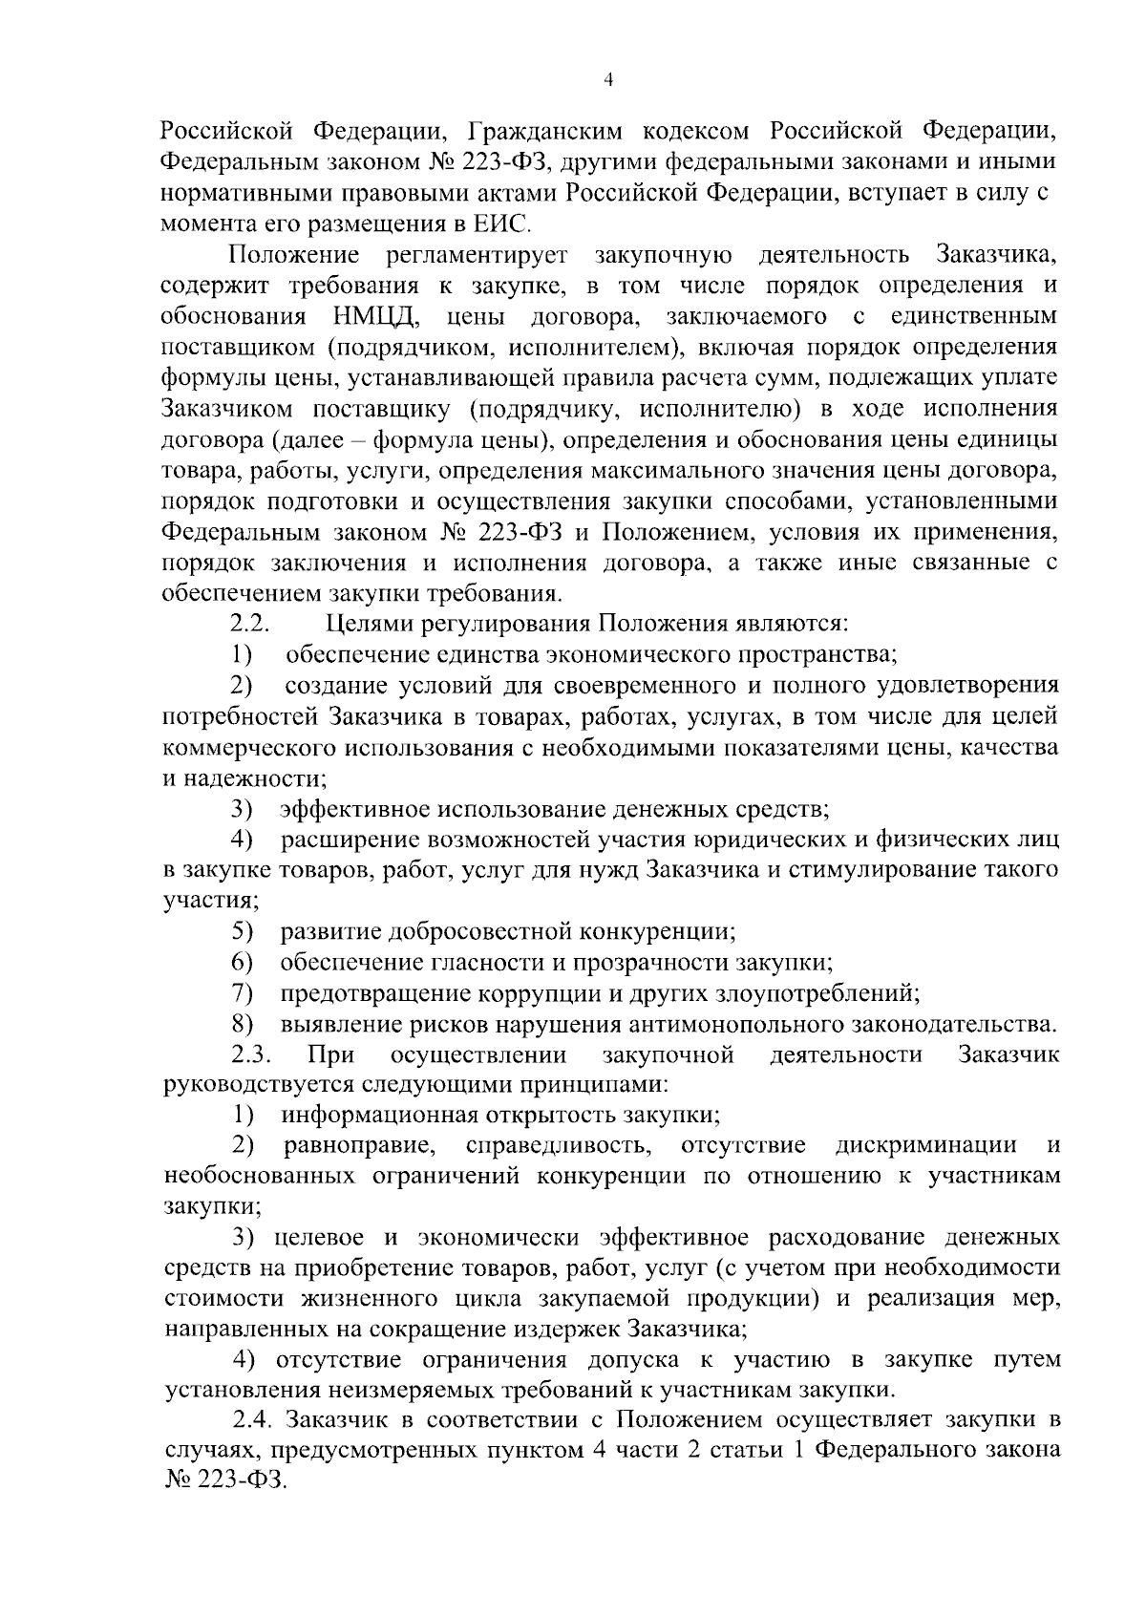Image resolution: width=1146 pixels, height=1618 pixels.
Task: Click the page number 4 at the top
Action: point(609,81)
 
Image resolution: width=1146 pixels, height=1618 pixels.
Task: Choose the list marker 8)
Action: point(242,1025)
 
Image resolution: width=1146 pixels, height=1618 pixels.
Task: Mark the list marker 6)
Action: point(242,963)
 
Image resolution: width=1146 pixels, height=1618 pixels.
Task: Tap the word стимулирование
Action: point(899,870)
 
